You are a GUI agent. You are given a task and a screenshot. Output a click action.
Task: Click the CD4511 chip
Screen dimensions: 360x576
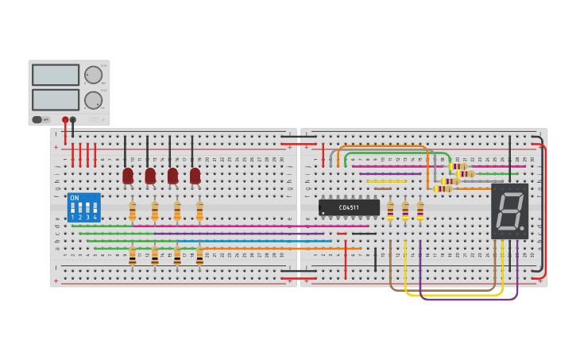pos(349,207)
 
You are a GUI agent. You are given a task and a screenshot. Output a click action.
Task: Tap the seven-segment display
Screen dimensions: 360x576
pos(509,211)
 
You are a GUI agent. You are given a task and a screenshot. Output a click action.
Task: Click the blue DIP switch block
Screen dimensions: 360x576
pos(84,207)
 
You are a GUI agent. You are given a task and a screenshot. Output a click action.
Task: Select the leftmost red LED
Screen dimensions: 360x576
pos(128,175)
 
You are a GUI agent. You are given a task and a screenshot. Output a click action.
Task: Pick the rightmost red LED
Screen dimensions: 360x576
pos(195,175)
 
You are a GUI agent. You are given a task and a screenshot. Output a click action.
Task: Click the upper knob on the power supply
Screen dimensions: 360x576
pos(93,75)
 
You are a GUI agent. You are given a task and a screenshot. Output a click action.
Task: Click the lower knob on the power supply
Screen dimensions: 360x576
pos(93,100)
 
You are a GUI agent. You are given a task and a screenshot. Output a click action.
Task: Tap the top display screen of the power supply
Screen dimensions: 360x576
pos(56,75)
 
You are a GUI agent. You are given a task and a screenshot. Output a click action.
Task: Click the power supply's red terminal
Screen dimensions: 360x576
pos(65,120)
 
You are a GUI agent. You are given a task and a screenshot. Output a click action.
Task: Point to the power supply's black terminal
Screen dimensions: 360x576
pos(73,120)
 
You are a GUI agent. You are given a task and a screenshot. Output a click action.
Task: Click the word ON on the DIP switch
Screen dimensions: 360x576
pos(75,198)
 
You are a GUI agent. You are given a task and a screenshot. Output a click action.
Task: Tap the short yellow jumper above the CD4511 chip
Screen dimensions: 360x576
pos(386,181)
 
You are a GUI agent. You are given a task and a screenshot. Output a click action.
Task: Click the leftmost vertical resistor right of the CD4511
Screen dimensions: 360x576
pos(390,210)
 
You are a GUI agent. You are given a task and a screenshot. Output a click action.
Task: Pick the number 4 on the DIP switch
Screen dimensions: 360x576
pos(95,217)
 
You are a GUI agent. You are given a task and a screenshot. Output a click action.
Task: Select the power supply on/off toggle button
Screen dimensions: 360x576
pos(37,120)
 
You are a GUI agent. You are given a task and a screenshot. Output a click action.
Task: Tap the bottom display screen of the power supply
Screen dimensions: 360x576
pos(56,99)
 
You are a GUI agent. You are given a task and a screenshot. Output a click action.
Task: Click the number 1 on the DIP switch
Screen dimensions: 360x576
pos(72,217)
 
